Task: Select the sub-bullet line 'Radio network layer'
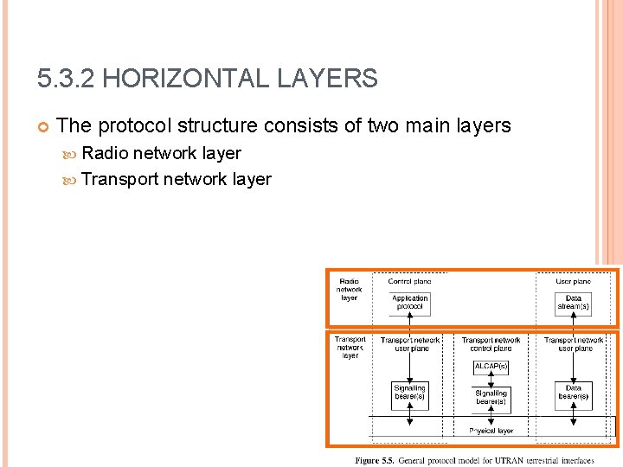coord(161,153)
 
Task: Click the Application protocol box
coord(409,303)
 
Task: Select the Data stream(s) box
coord(573,303)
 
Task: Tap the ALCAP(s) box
coord(491,367)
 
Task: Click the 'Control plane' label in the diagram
coord(409,281)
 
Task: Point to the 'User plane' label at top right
coord(573,281)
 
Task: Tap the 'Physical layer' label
coord(491,430)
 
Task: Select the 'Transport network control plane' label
coord(491,344)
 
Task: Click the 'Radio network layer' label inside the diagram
coord(349,289)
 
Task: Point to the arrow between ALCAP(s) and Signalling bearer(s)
coord(491,380)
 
